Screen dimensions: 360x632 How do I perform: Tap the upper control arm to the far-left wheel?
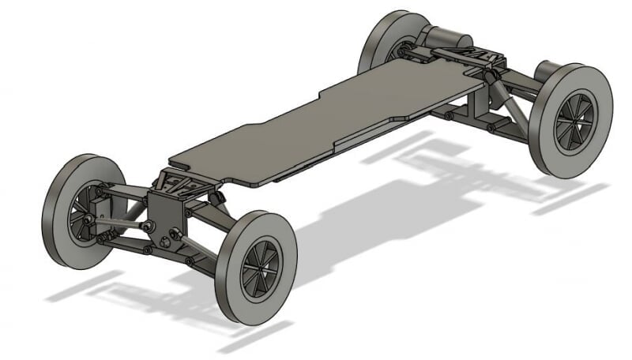pyautogui.click(x=122, y=192)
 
